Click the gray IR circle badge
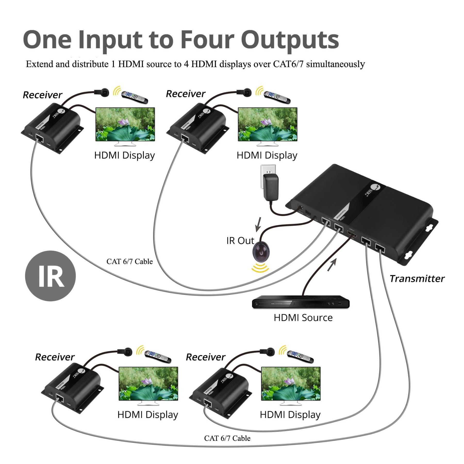pos(50,276)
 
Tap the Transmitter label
pos(417,279)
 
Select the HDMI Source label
pos(303,318)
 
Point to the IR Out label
pos(240,241)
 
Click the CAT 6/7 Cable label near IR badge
pos(129,261)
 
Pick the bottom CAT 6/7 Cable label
pos(227,438)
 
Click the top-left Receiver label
pos(43,95)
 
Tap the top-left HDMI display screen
pos(125,124)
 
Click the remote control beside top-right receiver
pos(277,97)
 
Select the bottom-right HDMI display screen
pos(291,384)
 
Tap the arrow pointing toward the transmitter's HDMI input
pos(332,265)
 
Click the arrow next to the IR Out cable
pos(258,224)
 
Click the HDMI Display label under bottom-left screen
pos(147,415)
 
